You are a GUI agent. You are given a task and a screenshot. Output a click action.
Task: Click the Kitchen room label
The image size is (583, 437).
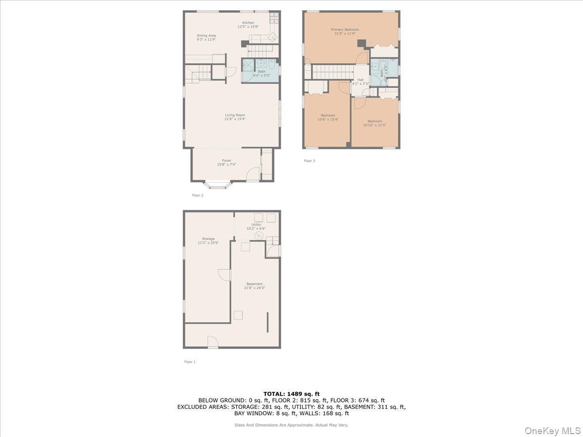[x=248, y=23]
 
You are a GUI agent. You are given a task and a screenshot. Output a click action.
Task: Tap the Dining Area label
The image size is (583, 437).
[x=206, y=35]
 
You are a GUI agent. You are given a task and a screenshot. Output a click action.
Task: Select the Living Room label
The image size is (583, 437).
[x=235, y=115]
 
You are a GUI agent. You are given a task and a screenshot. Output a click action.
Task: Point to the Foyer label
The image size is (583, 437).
[x=226, y=160]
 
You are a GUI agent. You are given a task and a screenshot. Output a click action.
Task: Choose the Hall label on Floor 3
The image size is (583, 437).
[x=360, y=80]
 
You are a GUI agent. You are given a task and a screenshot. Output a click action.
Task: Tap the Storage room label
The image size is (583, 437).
[x=208, y=238]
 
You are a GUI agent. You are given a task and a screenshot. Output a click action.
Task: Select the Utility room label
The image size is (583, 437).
[x=256, y=224]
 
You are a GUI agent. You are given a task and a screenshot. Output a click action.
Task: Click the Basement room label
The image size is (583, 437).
[x=255, y=284]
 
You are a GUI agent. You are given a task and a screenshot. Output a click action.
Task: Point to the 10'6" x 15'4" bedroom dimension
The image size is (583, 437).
[x=328, y=119]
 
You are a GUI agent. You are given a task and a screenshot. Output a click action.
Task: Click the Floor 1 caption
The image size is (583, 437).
[x=190, y=362]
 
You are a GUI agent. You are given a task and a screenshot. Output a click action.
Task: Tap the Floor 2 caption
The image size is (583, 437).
[x=198, y=195]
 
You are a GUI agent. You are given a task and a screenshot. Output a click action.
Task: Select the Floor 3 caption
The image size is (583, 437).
[x=309, y=161]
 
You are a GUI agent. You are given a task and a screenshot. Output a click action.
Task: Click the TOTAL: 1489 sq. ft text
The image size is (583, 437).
[x=291, y=394]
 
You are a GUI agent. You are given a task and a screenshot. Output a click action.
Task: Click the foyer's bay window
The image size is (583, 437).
[x=217, y=185]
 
